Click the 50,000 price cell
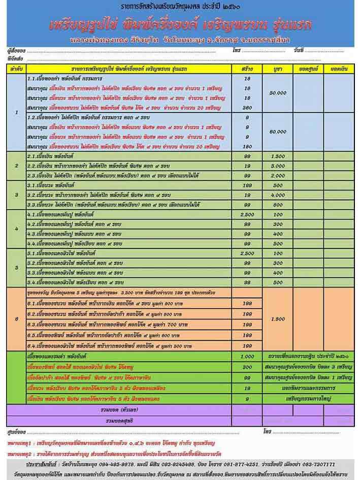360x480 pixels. click(x=278, y=93)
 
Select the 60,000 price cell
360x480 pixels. click(x=278, y=131)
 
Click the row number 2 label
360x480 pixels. click(x=17, y=166)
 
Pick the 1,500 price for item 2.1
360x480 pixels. click(x=278, y=156)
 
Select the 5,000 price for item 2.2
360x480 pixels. click(x=278, y=166)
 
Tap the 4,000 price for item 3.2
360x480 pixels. click(x=278, y=195)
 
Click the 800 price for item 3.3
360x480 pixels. click(x=278, y=204)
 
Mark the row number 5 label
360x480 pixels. click(x=17, y=267)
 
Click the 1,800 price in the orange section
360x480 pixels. click(x=278, y=319)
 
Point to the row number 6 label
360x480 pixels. click(x=17, y=319)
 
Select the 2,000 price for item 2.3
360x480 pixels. click(x=278, y=176)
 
